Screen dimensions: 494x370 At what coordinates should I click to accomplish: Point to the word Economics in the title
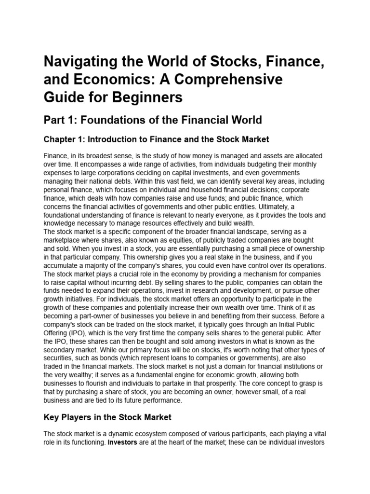pyautogui.click(x=95, y=80)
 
